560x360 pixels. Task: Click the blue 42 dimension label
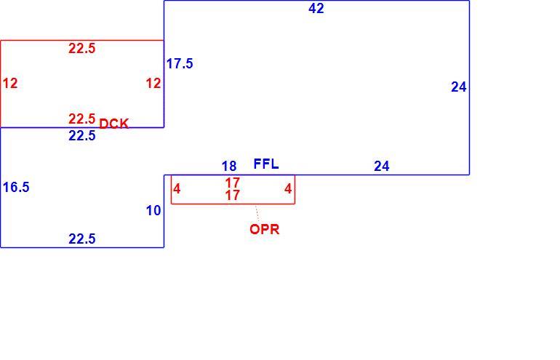(x=316, y=8)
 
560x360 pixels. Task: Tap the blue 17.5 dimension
(x=180, y=63)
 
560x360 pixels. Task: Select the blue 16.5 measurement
(x=16, y=187)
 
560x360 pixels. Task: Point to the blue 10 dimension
(x=153, y=211)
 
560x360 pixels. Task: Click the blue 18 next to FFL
(x=229, y=166)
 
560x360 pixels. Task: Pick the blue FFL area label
(x=266, y=164)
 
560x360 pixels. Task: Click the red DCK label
(x=113, y=124)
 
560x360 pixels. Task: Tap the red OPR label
(x=265, y=229)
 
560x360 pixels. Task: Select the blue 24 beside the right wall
(x=459, y=87)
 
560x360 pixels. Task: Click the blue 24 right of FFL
(x=382, y=166)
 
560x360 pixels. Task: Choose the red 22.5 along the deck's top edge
(x=81, y=48)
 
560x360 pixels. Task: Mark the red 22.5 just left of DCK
(x=81, y=119)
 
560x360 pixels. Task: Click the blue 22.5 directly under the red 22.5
(x=81, y=136)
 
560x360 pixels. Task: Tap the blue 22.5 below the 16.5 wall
(x=81, y=239)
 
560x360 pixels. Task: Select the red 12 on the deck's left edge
(x=10, y=83)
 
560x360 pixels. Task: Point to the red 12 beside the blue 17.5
(x=153, y=83)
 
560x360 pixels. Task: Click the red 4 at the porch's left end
(x=177, y=188)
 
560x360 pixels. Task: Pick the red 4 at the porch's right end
(x=288, y=188)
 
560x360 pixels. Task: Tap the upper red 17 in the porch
(x=232, y=183)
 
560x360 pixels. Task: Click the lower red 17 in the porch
(x=232, y=196)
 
